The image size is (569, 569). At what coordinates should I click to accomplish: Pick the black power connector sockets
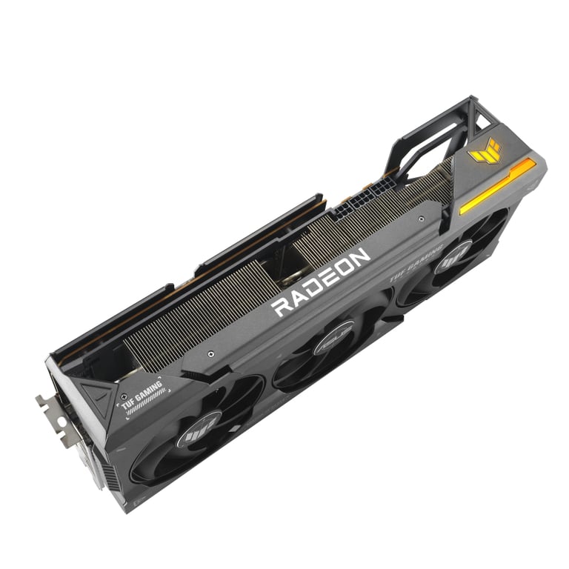coord(357,202)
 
